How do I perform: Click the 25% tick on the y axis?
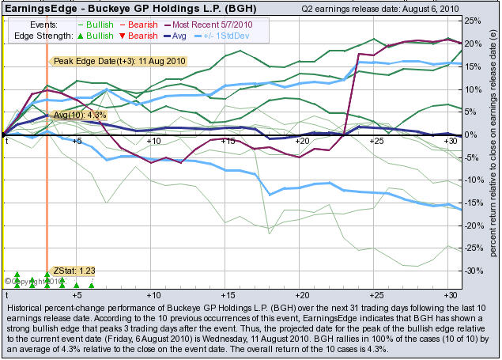coord(473,21)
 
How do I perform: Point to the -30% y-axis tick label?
coord(474,271)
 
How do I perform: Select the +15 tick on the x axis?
coord(228,141)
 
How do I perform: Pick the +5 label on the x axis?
coord(77,141)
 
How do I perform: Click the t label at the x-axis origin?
coord(7,141)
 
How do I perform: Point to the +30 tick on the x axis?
coord(450,141)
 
